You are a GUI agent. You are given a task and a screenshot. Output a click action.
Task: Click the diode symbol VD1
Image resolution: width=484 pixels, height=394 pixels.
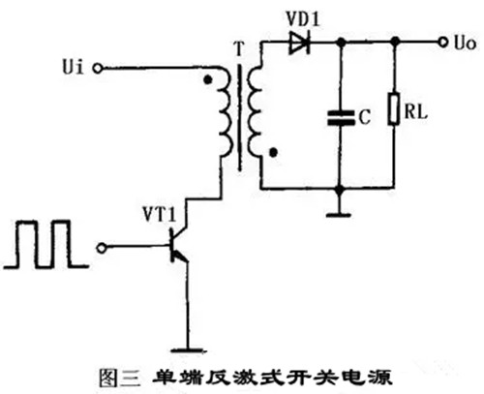[299, 43]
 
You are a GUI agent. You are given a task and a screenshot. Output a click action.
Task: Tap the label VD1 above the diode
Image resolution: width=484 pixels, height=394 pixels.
[303, 20]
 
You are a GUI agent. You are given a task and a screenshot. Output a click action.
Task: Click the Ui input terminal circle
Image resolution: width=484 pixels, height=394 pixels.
[98, 69]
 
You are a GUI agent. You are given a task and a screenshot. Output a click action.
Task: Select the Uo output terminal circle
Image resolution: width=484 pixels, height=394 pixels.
[443, 42]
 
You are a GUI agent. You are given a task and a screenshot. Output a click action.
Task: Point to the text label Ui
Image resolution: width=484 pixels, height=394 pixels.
[73, 68]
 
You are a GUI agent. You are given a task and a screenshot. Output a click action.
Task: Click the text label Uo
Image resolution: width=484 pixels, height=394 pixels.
[465, 43]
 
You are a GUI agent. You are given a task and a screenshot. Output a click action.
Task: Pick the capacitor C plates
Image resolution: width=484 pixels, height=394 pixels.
[341, 117]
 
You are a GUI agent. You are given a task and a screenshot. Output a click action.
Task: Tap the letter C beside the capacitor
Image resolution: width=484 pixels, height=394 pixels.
[365, 117]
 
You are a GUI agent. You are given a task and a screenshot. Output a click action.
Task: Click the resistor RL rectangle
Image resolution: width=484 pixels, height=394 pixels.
[393, 109]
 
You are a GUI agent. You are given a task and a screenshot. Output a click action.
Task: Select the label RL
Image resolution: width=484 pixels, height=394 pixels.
[415, 112]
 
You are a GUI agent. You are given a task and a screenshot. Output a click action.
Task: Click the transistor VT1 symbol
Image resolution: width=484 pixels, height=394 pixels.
[178, 247]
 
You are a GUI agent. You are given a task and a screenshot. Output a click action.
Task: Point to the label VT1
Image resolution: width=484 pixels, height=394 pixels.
[160, 214]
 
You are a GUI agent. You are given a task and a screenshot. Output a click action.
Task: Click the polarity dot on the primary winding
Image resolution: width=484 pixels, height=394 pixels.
[208, 79]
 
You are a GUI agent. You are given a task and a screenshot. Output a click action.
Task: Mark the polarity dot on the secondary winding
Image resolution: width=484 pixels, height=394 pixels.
[274, 152]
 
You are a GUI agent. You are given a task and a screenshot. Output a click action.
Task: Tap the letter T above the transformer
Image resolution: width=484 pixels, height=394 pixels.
[238, 49]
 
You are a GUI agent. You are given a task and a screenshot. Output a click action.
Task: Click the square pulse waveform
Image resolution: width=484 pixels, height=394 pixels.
[45, 244]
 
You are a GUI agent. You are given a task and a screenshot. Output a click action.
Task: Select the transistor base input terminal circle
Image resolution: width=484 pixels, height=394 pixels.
[102, 248]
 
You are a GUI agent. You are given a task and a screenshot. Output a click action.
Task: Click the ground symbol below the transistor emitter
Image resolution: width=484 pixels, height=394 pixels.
[189, 350]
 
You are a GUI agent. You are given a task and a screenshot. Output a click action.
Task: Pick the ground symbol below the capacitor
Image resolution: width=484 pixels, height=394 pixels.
[339, 215]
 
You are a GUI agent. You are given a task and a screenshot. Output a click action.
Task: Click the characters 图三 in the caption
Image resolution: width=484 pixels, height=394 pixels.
[120, 377]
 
